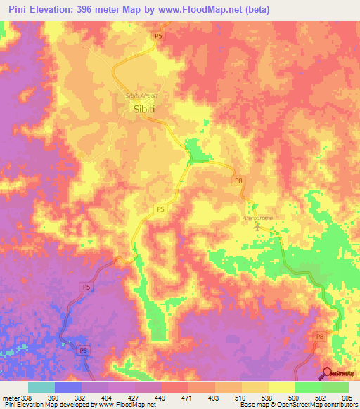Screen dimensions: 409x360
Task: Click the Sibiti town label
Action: pyautogui.click(x=143, y=109)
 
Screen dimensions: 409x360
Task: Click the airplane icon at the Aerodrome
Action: pyautogui.click(x=256, y=226)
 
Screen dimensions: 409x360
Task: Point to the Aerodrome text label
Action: pyautogui.click(x=257, y=218)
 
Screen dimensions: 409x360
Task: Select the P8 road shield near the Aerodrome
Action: pyautogui.click(x=238, y=181)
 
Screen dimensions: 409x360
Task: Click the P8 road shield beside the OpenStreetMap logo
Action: pyautogui.click(x=320, y=337)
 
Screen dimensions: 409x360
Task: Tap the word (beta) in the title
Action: pyautogui.click(x=261, y=9)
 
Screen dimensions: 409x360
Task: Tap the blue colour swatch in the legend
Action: pyautogui.click(x=68, y=387)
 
